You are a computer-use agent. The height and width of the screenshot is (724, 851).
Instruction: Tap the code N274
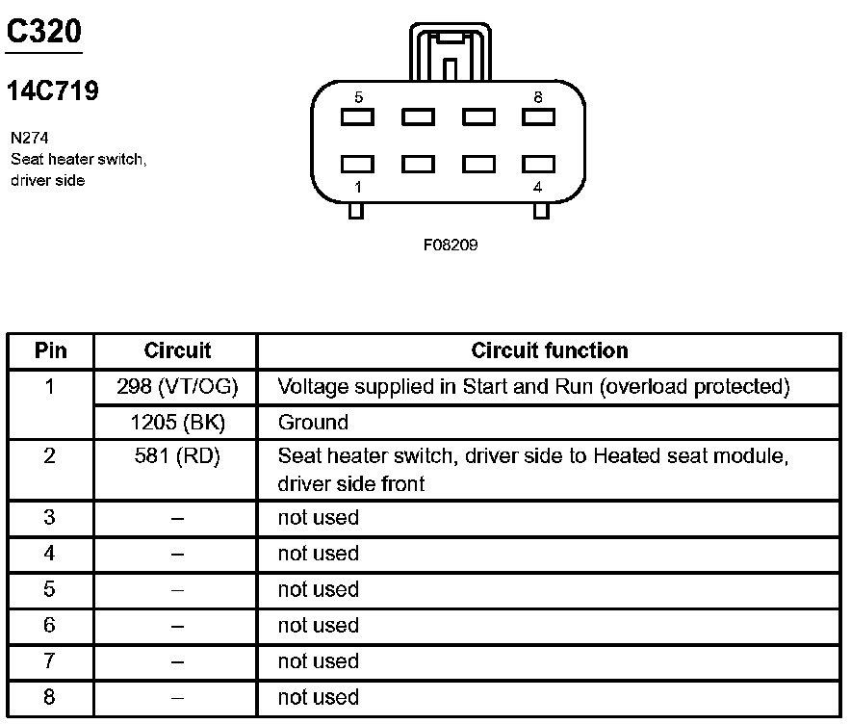point(30,138)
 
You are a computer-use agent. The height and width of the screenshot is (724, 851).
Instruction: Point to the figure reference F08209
point(451,245)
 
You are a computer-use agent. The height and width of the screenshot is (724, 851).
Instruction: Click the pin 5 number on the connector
point(358,97)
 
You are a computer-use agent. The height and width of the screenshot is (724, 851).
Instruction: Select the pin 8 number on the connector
point(537,97)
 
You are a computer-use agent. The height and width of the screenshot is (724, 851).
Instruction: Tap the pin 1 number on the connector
point(358,187)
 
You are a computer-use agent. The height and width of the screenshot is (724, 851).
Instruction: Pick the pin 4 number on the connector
point(537,187)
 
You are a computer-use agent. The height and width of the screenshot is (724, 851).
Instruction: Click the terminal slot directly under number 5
point(358,117)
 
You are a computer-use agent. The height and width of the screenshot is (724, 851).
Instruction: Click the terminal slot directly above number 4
point(538,164)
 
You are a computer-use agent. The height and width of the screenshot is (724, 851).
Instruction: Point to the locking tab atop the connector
point(450,53)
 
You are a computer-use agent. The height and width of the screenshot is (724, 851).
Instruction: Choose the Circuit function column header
point(549,350)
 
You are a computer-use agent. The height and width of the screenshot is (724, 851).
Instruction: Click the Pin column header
point(50,350)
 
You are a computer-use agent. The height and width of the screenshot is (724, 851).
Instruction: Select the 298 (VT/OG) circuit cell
point(177,387)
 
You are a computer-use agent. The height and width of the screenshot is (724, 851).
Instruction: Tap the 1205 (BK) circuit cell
point(177,422)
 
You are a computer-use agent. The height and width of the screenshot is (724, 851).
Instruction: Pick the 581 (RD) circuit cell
point(177,457)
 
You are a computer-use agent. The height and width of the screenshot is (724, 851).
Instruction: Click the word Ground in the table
point(313,422)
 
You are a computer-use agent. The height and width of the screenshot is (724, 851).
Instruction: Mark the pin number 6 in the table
point(50,625)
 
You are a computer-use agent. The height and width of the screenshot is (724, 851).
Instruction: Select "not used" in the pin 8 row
point(318,697)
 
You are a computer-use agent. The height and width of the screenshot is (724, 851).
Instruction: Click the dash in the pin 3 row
point(177,518)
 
